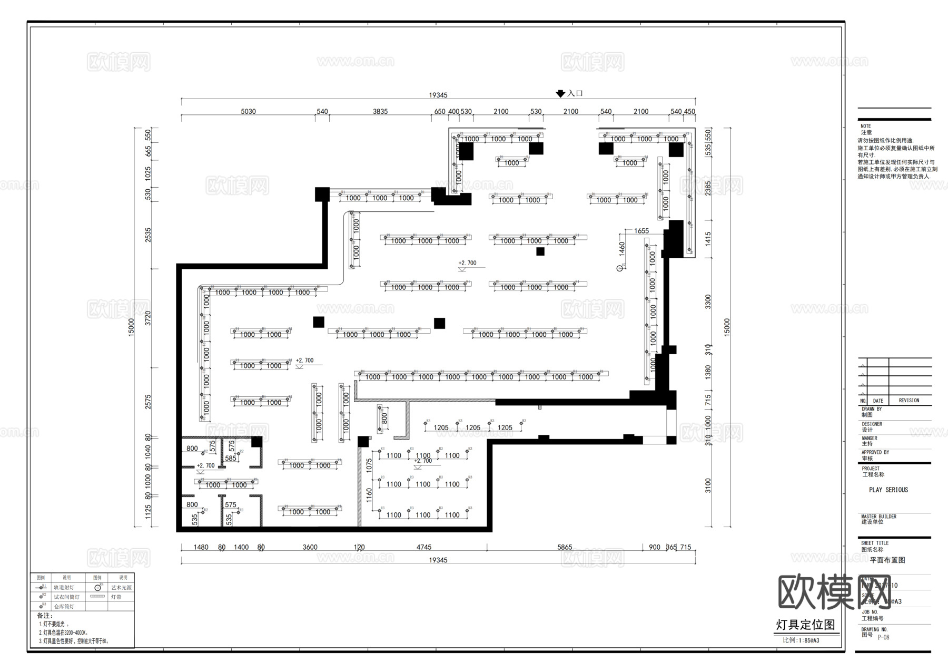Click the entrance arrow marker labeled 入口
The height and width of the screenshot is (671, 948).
point(560,94)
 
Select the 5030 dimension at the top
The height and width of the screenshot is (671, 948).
point(248,112)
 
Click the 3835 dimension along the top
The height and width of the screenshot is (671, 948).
point(380,112)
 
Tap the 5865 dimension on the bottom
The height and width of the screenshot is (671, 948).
point(564,547)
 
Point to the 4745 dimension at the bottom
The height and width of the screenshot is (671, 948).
point(423,547)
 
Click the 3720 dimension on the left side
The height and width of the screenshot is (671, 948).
point(148,318)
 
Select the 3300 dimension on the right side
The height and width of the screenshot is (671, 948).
point(708,302)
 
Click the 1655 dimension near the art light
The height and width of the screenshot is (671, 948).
point(641,231)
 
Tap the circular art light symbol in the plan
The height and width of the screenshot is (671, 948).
point(620,268)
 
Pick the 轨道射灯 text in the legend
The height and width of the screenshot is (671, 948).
point(64,587)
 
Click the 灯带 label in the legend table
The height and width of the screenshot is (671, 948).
point(116,597)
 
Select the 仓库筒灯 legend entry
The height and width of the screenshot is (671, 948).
point(64,607)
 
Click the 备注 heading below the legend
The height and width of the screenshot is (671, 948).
point(45,616)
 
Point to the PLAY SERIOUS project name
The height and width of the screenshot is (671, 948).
point(888,490)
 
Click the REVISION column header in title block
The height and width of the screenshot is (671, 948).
point(908,401)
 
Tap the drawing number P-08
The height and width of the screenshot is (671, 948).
point(883,637)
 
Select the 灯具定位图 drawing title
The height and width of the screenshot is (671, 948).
point(805,625)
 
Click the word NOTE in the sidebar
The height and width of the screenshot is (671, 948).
point(865,126)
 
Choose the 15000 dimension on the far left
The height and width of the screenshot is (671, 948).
point(131,327)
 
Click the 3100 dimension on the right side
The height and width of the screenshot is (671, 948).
point(708,485)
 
